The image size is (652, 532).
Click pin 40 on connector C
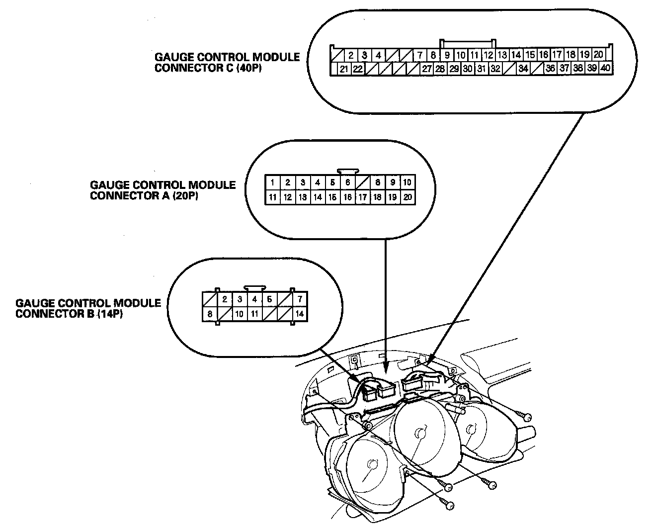[x=605, y=69]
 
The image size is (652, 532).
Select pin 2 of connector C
[x=350, y=55]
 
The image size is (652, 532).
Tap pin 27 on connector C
[x=426, y=69]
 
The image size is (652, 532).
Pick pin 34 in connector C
[x=523, y=69]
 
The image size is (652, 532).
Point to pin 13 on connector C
[x=502, y=55]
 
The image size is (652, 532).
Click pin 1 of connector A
[x=273, y=182]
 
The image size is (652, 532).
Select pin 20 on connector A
[x=407, y=197]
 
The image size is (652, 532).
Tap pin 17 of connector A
[x=363, y=197]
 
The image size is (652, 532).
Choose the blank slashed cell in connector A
[x=363, y=182]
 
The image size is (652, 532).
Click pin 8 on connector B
[x=210, y=314]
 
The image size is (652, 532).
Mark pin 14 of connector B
[x=300, y=314]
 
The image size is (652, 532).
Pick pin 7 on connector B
[x=300, y=299]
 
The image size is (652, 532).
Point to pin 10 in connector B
[x=240, y=314]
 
